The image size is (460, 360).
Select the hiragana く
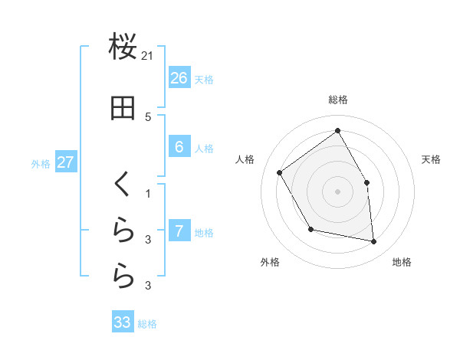point(123,185)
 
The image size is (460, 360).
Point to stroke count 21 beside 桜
point(148,56)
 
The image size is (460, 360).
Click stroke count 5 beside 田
point(148,116)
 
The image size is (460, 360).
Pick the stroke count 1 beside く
point(148,194)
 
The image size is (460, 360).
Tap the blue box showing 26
point(179,78)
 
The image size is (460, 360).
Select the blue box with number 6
point(179,147)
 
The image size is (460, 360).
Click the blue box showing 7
point(179,231)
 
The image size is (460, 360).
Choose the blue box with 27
point(65,162)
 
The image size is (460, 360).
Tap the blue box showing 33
point(123,322)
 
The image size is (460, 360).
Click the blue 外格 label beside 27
point(41,163)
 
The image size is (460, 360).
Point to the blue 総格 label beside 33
point(147,324)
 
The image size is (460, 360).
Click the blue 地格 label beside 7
point(204,232)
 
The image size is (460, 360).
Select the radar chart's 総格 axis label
point(337,100)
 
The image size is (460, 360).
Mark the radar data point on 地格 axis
point(373,241)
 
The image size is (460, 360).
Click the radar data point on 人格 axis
point(280,172)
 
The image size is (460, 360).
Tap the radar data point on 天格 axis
point(366,182)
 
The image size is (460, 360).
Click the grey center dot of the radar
point(337,191)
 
